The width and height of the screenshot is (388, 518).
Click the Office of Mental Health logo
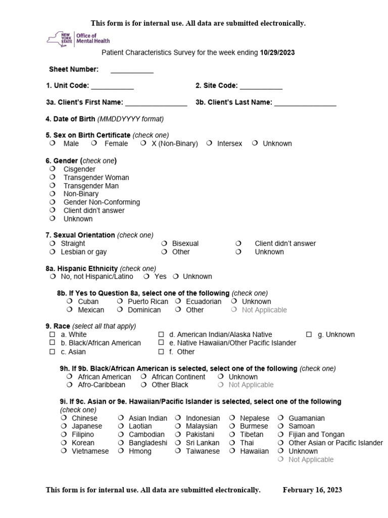[78, 38]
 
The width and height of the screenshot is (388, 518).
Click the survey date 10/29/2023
[277, 52]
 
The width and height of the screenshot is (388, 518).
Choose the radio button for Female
[94, 143]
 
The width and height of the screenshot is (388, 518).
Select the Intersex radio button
[209, 143]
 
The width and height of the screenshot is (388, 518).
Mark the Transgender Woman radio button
[53, 178]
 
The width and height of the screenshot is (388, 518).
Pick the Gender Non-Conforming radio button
[53, 202]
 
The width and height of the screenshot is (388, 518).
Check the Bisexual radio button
[164, 243]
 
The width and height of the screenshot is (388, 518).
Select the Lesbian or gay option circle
[53, 251]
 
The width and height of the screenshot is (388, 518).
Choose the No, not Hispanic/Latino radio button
[53, 276]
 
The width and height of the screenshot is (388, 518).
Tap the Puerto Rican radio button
[120, 301]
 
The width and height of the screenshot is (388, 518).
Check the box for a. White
[52, 334]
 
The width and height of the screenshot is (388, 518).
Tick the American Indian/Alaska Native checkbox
[161, 334]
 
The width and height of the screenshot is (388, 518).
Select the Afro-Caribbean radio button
[69, 384]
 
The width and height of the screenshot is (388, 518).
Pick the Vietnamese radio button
[63, 451]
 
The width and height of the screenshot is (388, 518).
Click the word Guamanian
[306, 418]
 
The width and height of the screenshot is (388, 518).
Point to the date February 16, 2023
[312, 490]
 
